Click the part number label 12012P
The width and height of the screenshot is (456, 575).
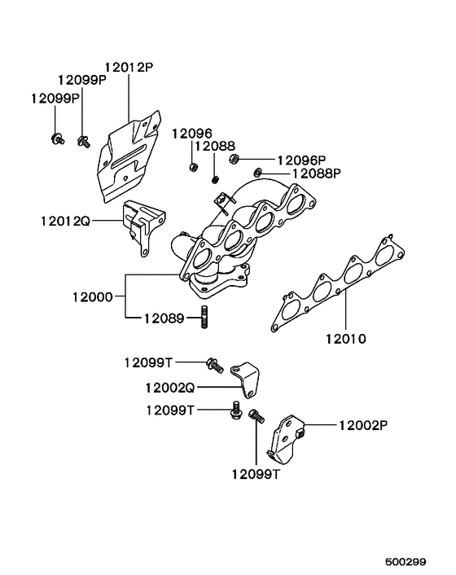(129, 68)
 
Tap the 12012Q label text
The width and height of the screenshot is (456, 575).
(65, 221)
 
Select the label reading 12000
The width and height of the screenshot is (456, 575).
(92, 296)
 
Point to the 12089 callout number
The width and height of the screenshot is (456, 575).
(164, 318)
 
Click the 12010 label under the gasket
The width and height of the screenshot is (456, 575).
(346, 339)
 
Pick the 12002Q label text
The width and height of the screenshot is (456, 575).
(170, 387)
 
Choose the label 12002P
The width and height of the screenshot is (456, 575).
(363, 425)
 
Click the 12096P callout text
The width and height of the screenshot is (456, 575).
(301, 160)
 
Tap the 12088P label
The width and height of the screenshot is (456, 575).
(316, 173)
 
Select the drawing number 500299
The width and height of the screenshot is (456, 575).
(406, 561)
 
